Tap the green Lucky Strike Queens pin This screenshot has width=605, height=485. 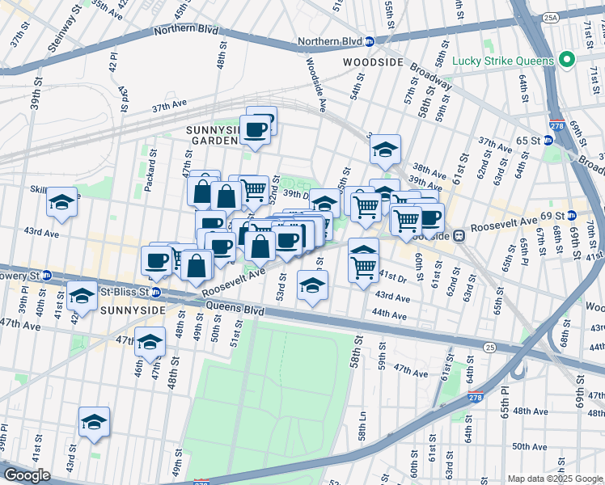(567, 60)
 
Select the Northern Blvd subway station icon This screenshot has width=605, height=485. (369, 41)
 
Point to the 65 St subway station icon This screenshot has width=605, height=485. (550, 140)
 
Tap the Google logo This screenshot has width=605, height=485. (27, 475)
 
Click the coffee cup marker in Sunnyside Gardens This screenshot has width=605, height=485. (256, 129)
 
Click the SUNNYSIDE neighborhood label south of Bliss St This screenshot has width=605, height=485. (132, 310)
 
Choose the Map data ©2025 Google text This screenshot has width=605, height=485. (555, 479)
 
